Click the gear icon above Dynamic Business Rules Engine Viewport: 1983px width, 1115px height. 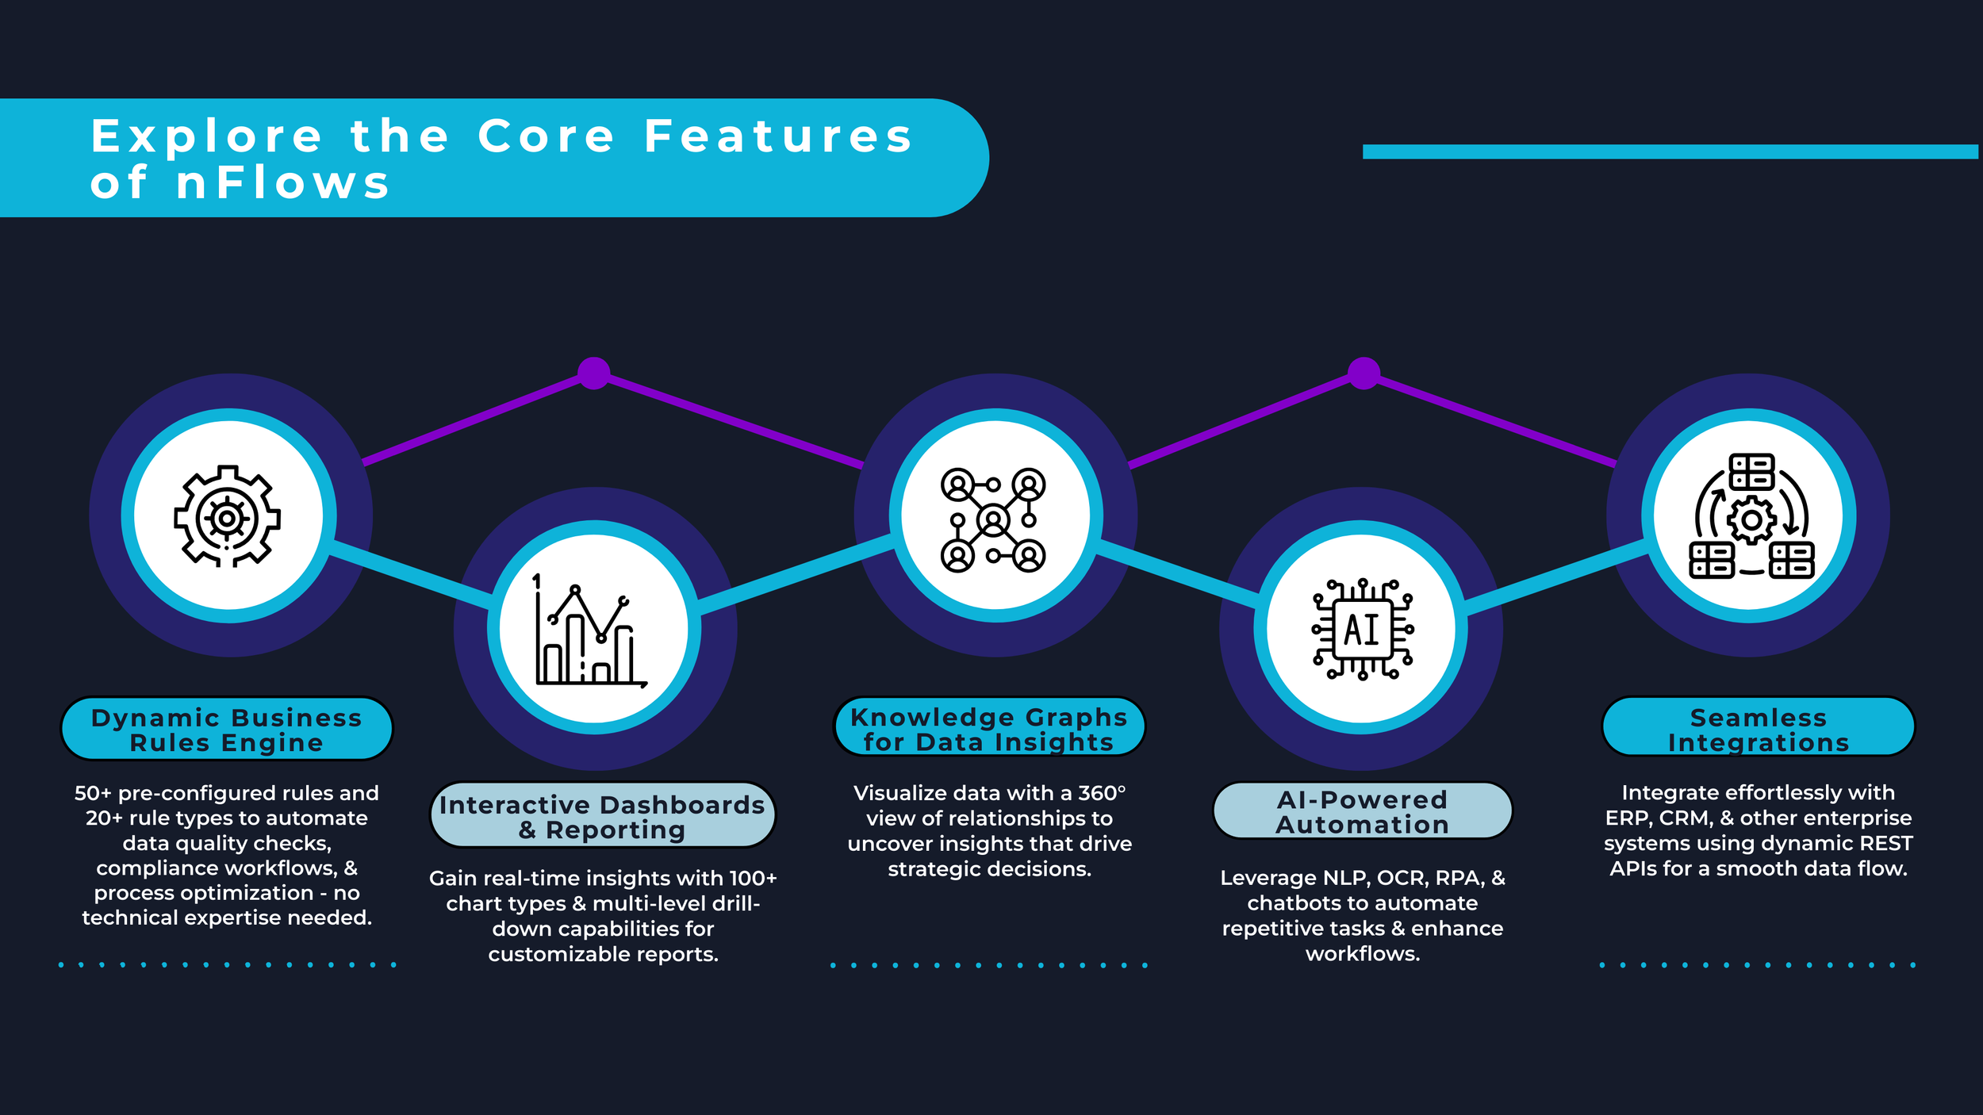(228, 516)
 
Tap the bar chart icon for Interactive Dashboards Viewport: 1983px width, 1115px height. (589, 631)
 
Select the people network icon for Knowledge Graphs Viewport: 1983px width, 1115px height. (993, 520)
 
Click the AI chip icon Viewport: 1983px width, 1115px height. (1362, 630)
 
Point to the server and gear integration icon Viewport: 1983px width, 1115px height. (1751, 516)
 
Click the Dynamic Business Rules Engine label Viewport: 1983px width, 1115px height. (227, 730)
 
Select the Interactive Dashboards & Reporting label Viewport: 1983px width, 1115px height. (602, 817)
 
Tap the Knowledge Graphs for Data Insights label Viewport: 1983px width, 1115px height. (989, 729)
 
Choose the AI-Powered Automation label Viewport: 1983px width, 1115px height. (1363, 812)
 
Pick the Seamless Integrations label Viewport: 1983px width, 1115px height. (1759, 730)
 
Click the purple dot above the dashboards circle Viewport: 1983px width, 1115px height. (594, 374)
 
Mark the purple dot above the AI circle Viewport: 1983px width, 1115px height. (1364, 374)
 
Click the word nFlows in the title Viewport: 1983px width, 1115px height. (283, 183)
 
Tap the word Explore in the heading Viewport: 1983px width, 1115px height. (206, 136)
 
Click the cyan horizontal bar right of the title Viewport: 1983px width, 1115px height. (1670, 151)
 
